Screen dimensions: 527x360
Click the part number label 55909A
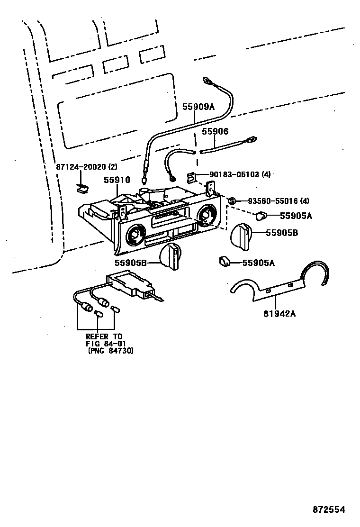[198, 107]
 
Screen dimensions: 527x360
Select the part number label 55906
[215, 132]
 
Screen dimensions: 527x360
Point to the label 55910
[117, 180]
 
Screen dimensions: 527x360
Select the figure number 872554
[328, 509]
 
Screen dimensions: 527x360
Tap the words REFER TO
[104, 336]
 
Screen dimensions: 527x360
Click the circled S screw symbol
[232, 201]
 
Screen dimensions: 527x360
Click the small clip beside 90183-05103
[191, 177]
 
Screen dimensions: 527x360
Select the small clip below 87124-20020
[82, 188]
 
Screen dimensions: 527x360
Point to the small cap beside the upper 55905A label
[261, 216]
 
